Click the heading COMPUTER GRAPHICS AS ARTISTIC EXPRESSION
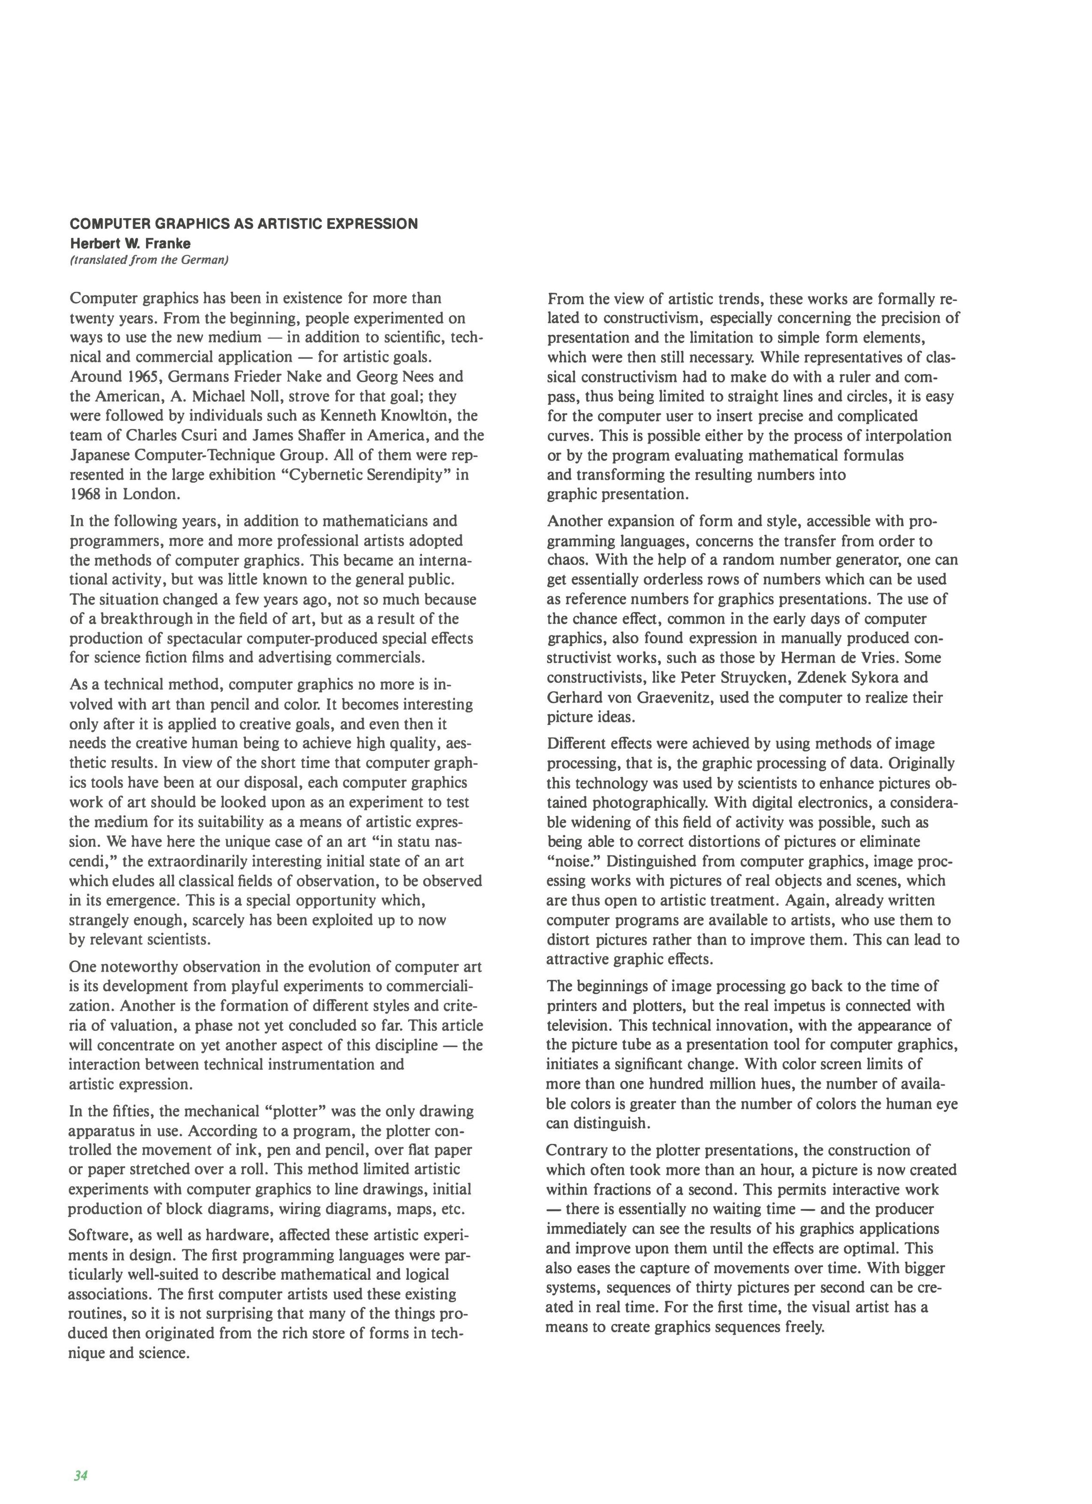click(243, 223)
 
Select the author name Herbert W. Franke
click(130, 243)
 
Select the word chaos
click(568, 560)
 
